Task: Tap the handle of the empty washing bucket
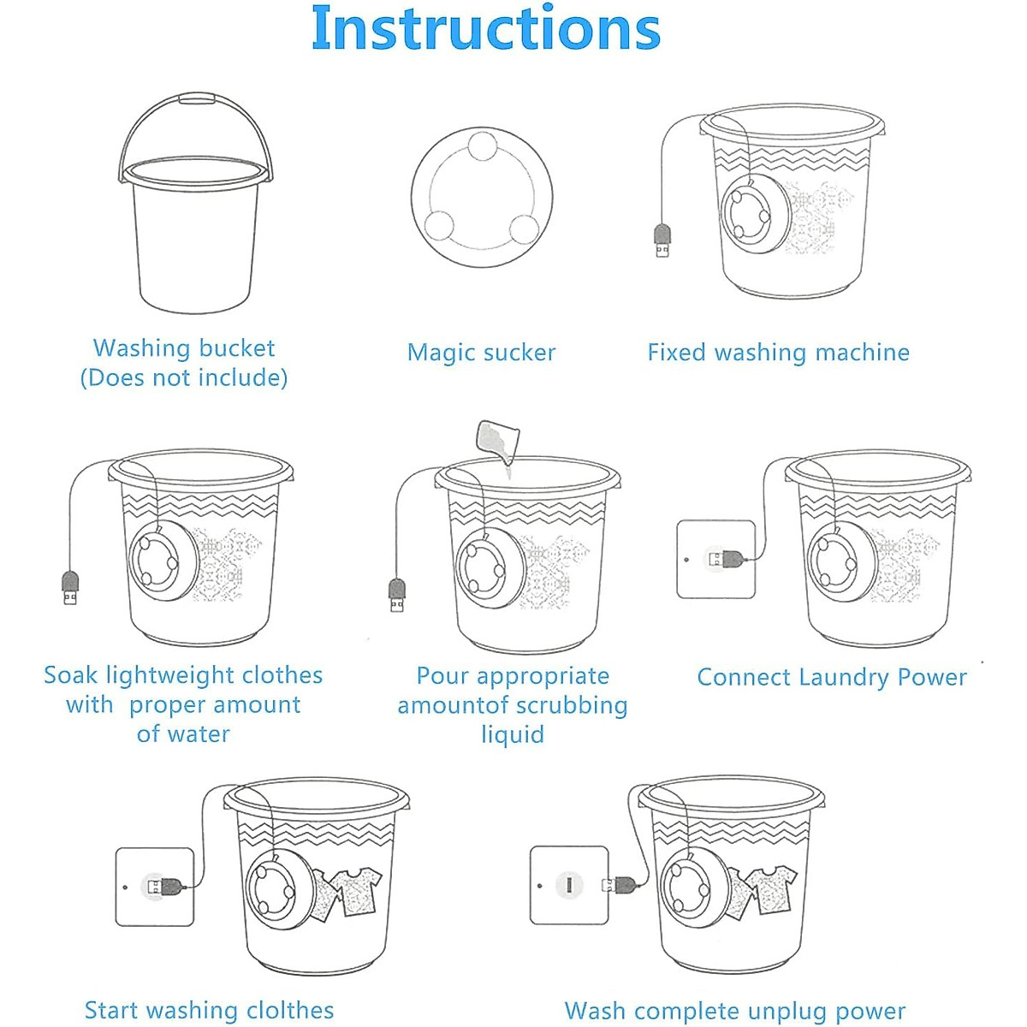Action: [195, 98]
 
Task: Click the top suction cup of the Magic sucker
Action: [483, 145]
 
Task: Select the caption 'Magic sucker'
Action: [481, 353]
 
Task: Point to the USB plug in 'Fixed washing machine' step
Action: [662, 240]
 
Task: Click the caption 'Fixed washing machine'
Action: [778, 353]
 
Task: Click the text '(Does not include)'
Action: [184, 378]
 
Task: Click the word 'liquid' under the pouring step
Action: [513, 735]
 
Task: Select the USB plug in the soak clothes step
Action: [70, 588]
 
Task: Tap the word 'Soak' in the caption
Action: [71, 675]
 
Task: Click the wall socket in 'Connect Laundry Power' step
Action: [715, 559]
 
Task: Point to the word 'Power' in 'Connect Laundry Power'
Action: [932, 677]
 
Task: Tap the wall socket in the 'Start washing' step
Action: [155, 887]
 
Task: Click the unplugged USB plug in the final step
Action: [619, 885]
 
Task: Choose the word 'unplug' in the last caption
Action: [783, 1011]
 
